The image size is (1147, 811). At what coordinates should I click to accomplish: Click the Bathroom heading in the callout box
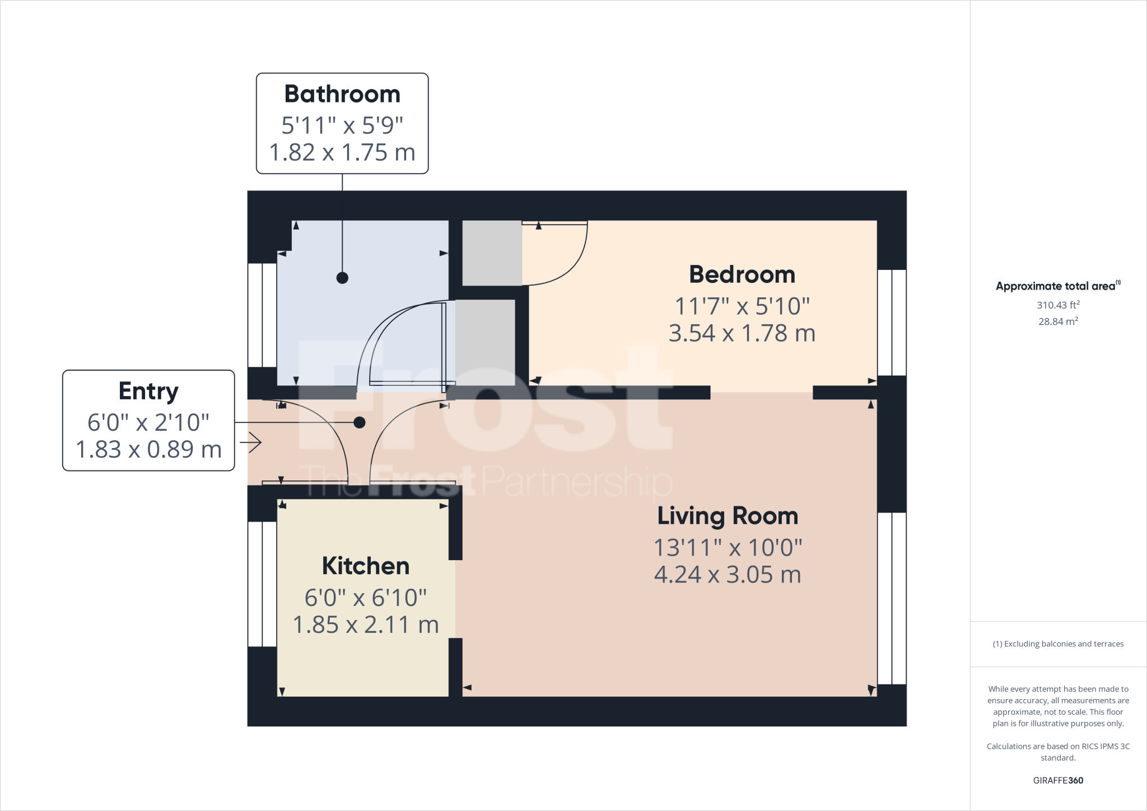coord(342,94)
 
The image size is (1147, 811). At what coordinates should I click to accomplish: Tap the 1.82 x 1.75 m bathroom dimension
coord(342,152)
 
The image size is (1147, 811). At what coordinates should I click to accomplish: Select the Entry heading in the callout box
coord(148,391)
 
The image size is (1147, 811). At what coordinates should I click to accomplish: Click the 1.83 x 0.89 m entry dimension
coord(148,449)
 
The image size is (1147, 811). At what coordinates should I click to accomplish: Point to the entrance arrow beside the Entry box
coord(251,443)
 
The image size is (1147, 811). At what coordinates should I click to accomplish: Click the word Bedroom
coord(742,274)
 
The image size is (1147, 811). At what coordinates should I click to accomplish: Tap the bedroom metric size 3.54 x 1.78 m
coord(742,333)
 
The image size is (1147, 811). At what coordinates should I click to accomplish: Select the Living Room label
coord(727,516)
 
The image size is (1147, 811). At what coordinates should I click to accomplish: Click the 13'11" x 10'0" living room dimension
coord(727,547)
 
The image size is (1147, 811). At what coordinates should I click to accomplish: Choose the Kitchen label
coord(365,566)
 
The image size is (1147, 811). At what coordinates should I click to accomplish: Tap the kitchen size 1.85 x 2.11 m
coord(365,624)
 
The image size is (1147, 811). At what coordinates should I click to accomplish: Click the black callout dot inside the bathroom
coord(342,278)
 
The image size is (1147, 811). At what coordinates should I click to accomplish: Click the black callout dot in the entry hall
coord(360,422)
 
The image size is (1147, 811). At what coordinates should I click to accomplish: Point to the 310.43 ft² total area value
coord(1057,305)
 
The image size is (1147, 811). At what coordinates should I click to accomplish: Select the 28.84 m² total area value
coord(1057,321)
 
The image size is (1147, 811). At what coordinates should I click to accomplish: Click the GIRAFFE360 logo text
coord(1057,780)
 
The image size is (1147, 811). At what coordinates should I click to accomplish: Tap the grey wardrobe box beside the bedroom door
coord(492,253)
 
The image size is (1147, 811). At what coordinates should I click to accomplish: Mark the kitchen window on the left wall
coord(262,584)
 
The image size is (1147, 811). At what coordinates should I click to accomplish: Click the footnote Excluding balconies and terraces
coord(1057,644)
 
